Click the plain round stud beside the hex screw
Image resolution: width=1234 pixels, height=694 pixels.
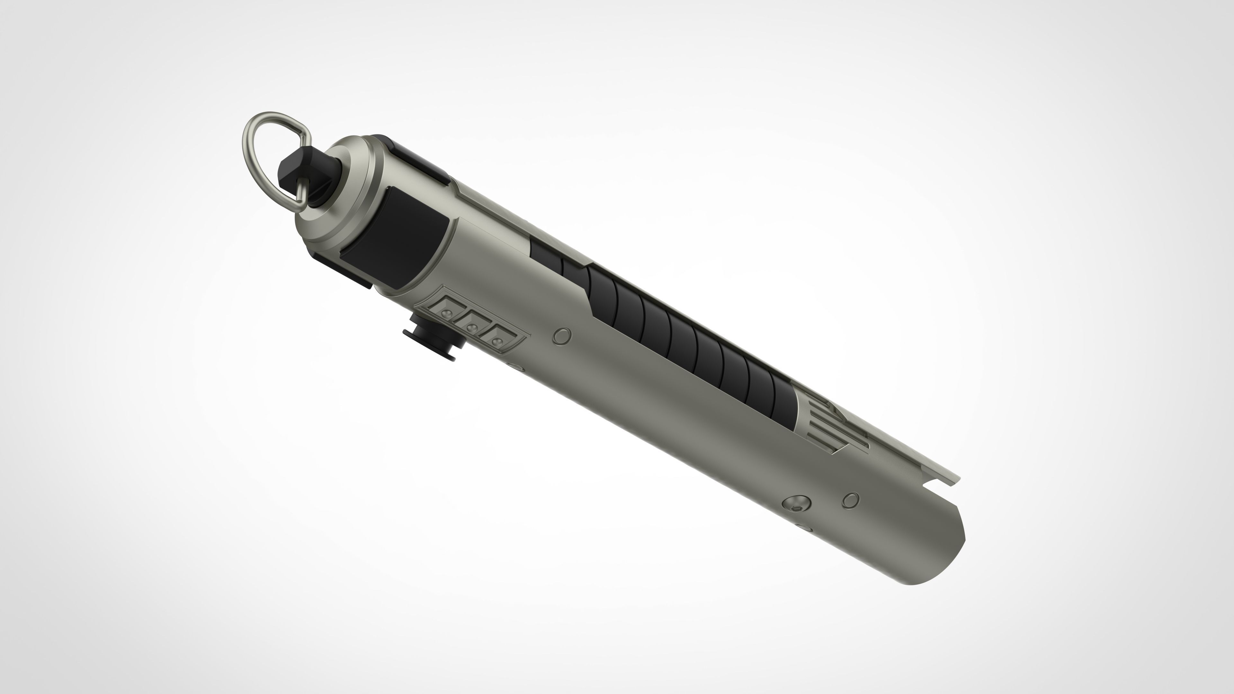click(x=850, y=500)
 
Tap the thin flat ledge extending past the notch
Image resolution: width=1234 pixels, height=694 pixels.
click(x=951, y=476)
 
